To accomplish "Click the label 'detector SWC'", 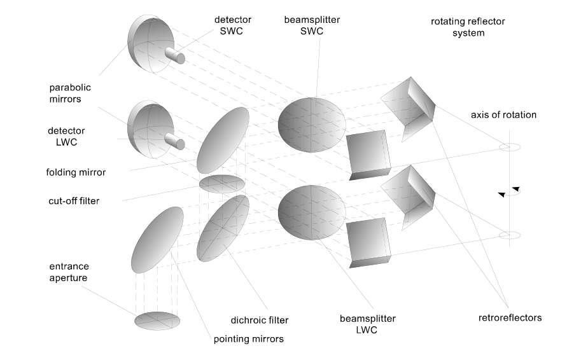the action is point(232,25).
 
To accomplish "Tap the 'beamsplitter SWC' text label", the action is point(312,25).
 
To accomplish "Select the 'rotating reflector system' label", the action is point(468,27).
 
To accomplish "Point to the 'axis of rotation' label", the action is point(503,115).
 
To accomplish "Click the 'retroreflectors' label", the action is point(510,317).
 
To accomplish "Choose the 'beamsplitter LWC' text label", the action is point(368,324).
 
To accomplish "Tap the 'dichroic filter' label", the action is point(260,320).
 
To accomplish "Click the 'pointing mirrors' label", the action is point(249,339).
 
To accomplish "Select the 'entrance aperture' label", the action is point(69,272).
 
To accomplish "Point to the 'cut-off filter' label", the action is point(74,201).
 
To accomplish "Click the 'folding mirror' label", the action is point(76,172).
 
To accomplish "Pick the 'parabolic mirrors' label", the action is point(70,93).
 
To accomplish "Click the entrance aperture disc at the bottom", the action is point(157,321).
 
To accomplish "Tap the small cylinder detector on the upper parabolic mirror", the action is point(175,56).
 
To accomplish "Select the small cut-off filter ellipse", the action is point(222,184).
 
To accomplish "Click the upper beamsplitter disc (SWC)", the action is point(312,125).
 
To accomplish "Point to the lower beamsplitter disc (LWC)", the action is point(312,212).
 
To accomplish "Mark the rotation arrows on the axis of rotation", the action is point(509,191).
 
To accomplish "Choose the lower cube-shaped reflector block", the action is point(368,242).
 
